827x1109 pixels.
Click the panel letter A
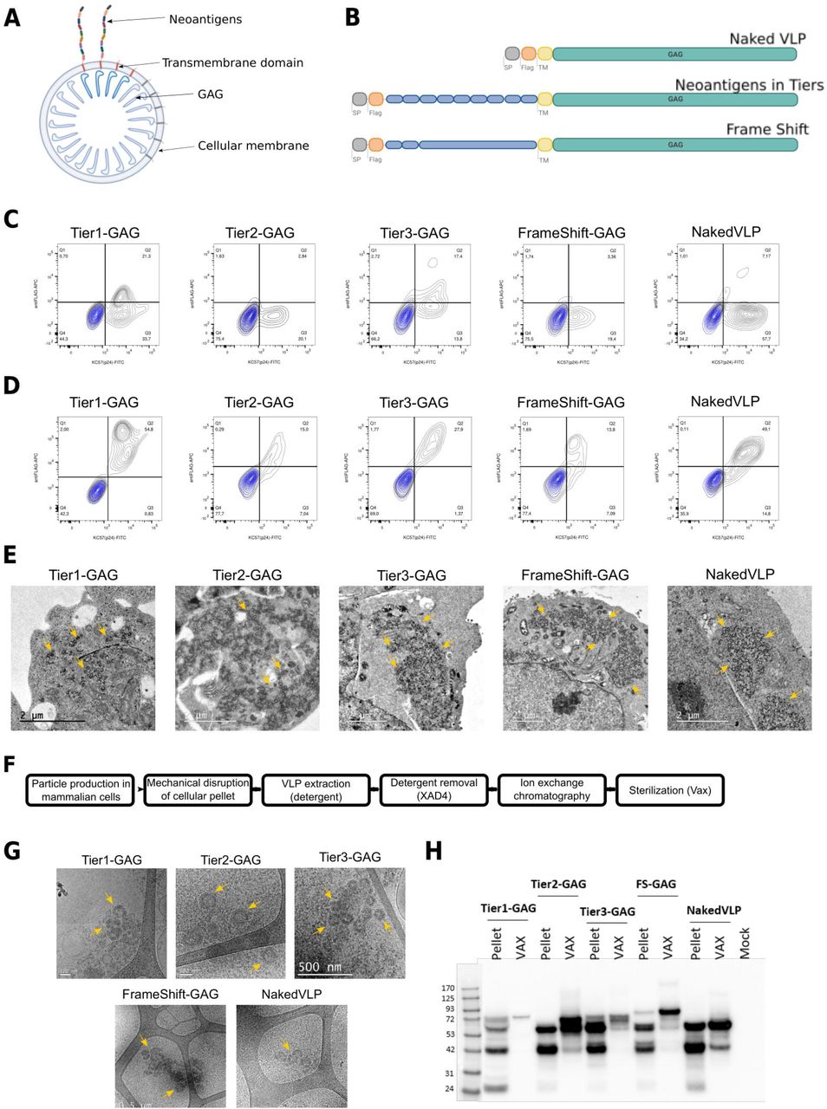click(x=12, y=16)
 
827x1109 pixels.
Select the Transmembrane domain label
click(x=232, y=62)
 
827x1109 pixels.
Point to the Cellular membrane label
click(x=253, y=146)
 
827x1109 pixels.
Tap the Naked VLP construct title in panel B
click(x=766, y=38)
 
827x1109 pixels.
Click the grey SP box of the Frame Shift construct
click(x=359, y=145)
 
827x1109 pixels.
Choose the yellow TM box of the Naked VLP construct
click(x=544, y=54)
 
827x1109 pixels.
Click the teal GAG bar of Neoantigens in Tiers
click(x=674, y=100)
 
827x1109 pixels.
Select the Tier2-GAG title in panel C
click(x=259, y=232)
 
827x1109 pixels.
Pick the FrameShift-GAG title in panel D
click(x=570, y=402)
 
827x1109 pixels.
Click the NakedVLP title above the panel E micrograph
click(x=739, y=574)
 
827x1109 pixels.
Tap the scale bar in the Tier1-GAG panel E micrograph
click(x=52, y=720)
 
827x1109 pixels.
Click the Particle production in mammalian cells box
click(x=81, y=789)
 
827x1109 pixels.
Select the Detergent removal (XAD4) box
click(x=433, y=789)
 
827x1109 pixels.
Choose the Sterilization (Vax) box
click(x=668, y=789)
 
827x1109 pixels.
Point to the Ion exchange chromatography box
click(x=551, y=789)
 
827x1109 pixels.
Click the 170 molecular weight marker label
click(x=447, y=988)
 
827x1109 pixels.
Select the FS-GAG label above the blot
click(x=655, y=884)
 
